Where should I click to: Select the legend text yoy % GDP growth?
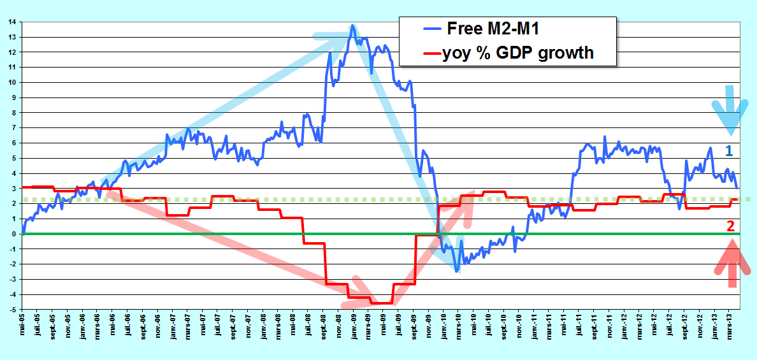tap(517, 52)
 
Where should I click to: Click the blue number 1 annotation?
tap(729, 151)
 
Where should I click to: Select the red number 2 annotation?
tap(730, 226)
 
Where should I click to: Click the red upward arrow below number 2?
tap(732, 263)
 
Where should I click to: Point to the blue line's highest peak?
tap(353, 25)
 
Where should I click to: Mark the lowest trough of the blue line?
tap(456, 271)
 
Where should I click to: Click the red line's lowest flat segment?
tap(382, 303)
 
